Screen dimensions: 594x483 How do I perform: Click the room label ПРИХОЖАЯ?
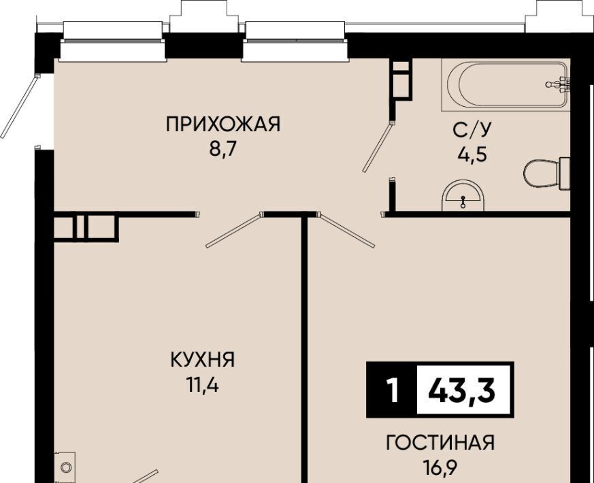222,124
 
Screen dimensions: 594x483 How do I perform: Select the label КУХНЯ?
203,360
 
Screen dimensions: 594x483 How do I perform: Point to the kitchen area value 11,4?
202,386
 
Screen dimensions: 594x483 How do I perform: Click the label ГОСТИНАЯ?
440,442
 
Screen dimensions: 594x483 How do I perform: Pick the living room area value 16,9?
440,468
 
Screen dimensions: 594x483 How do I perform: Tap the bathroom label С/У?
472,130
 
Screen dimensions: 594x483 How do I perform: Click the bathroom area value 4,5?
472,155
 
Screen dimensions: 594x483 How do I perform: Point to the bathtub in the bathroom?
506,85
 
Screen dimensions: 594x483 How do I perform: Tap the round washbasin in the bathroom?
463,195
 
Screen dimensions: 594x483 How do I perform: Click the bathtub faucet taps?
559,84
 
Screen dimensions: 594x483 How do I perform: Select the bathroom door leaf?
378,148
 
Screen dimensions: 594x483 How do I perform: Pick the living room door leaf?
348,231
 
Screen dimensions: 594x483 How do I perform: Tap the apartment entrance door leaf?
20,107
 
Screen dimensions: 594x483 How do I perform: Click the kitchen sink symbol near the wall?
65,467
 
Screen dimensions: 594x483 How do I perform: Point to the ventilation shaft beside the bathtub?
401,80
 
